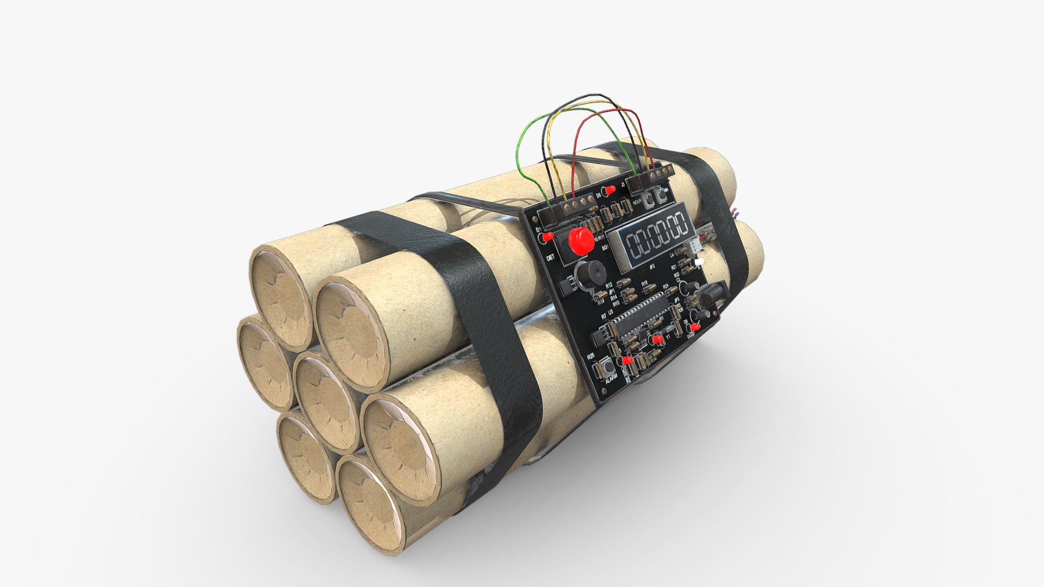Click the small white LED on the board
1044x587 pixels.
[699, 262]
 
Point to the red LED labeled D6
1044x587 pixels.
[611, 190]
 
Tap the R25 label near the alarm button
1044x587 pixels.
[591, 357]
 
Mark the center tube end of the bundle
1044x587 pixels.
[321, 399]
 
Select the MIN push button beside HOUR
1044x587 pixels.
[663, 194]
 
